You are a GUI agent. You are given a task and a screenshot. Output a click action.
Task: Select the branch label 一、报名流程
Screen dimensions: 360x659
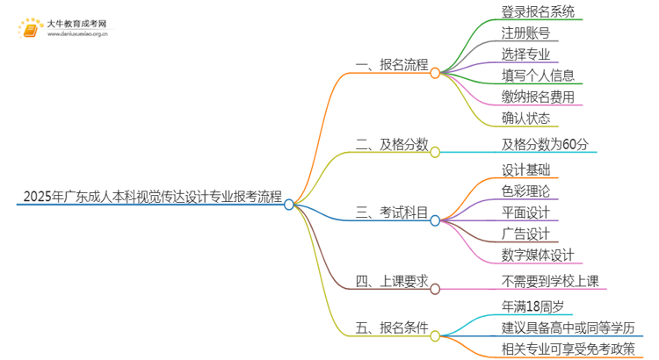tap(392, 65)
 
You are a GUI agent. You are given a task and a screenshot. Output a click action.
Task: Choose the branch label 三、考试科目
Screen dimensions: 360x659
tap(392, 212)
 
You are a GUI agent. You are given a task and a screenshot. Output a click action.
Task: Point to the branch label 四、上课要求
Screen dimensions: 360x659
tap(392, 281)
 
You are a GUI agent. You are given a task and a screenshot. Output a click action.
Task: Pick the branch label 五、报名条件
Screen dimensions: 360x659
tap(392, 328)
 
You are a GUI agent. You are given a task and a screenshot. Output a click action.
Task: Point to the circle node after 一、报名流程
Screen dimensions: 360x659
tap(434, 73)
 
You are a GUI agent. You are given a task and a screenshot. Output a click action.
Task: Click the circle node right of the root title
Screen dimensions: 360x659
tap(289, 203)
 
